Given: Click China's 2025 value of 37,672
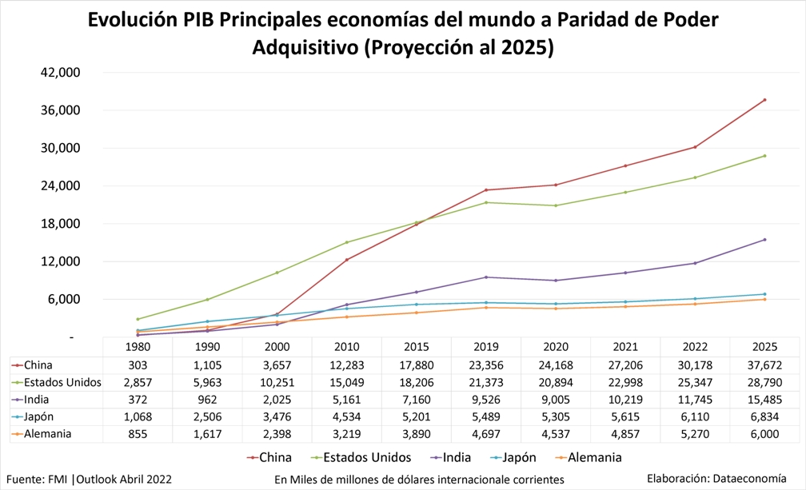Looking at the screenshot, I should pyautogui.click(x=764, y=365).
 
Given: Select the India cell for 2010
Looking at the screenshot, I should pyautogui.click(x=346, y=399).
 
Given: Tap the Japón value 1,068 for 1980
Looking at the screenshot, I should pyautogui.click(x=138, y=416).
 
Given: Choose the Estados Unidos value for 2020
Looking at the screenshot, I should pyautogui.click(x=556, y=382).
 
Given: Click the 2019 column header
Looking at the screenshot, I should pyautogui.click(x=486, y=347).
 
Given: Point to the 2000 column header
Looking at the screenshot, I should pyautogui.click(x=277, y=347).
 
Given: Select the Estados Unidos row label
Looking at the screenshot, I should pyautogui.click(x=62, y=382).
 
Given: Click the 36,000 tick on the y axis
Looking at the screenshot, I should pyautogui.click(x=61, y=110).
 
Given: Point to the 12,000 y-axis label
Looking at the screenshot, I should pyautogui.click(x=61, y=261).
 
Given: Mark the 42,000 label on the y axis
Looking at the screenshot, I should pyautogui.click(x=61, y=73).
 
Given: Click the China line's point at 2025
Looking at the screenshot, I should pyautogui.click(x=764, y=100).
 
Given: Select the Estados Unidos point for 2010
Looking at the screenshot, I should pyautogui.click(x=346, y=242).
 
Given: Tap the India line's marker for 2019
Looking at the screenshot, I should pyautogui.click(x=486, y=277).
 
